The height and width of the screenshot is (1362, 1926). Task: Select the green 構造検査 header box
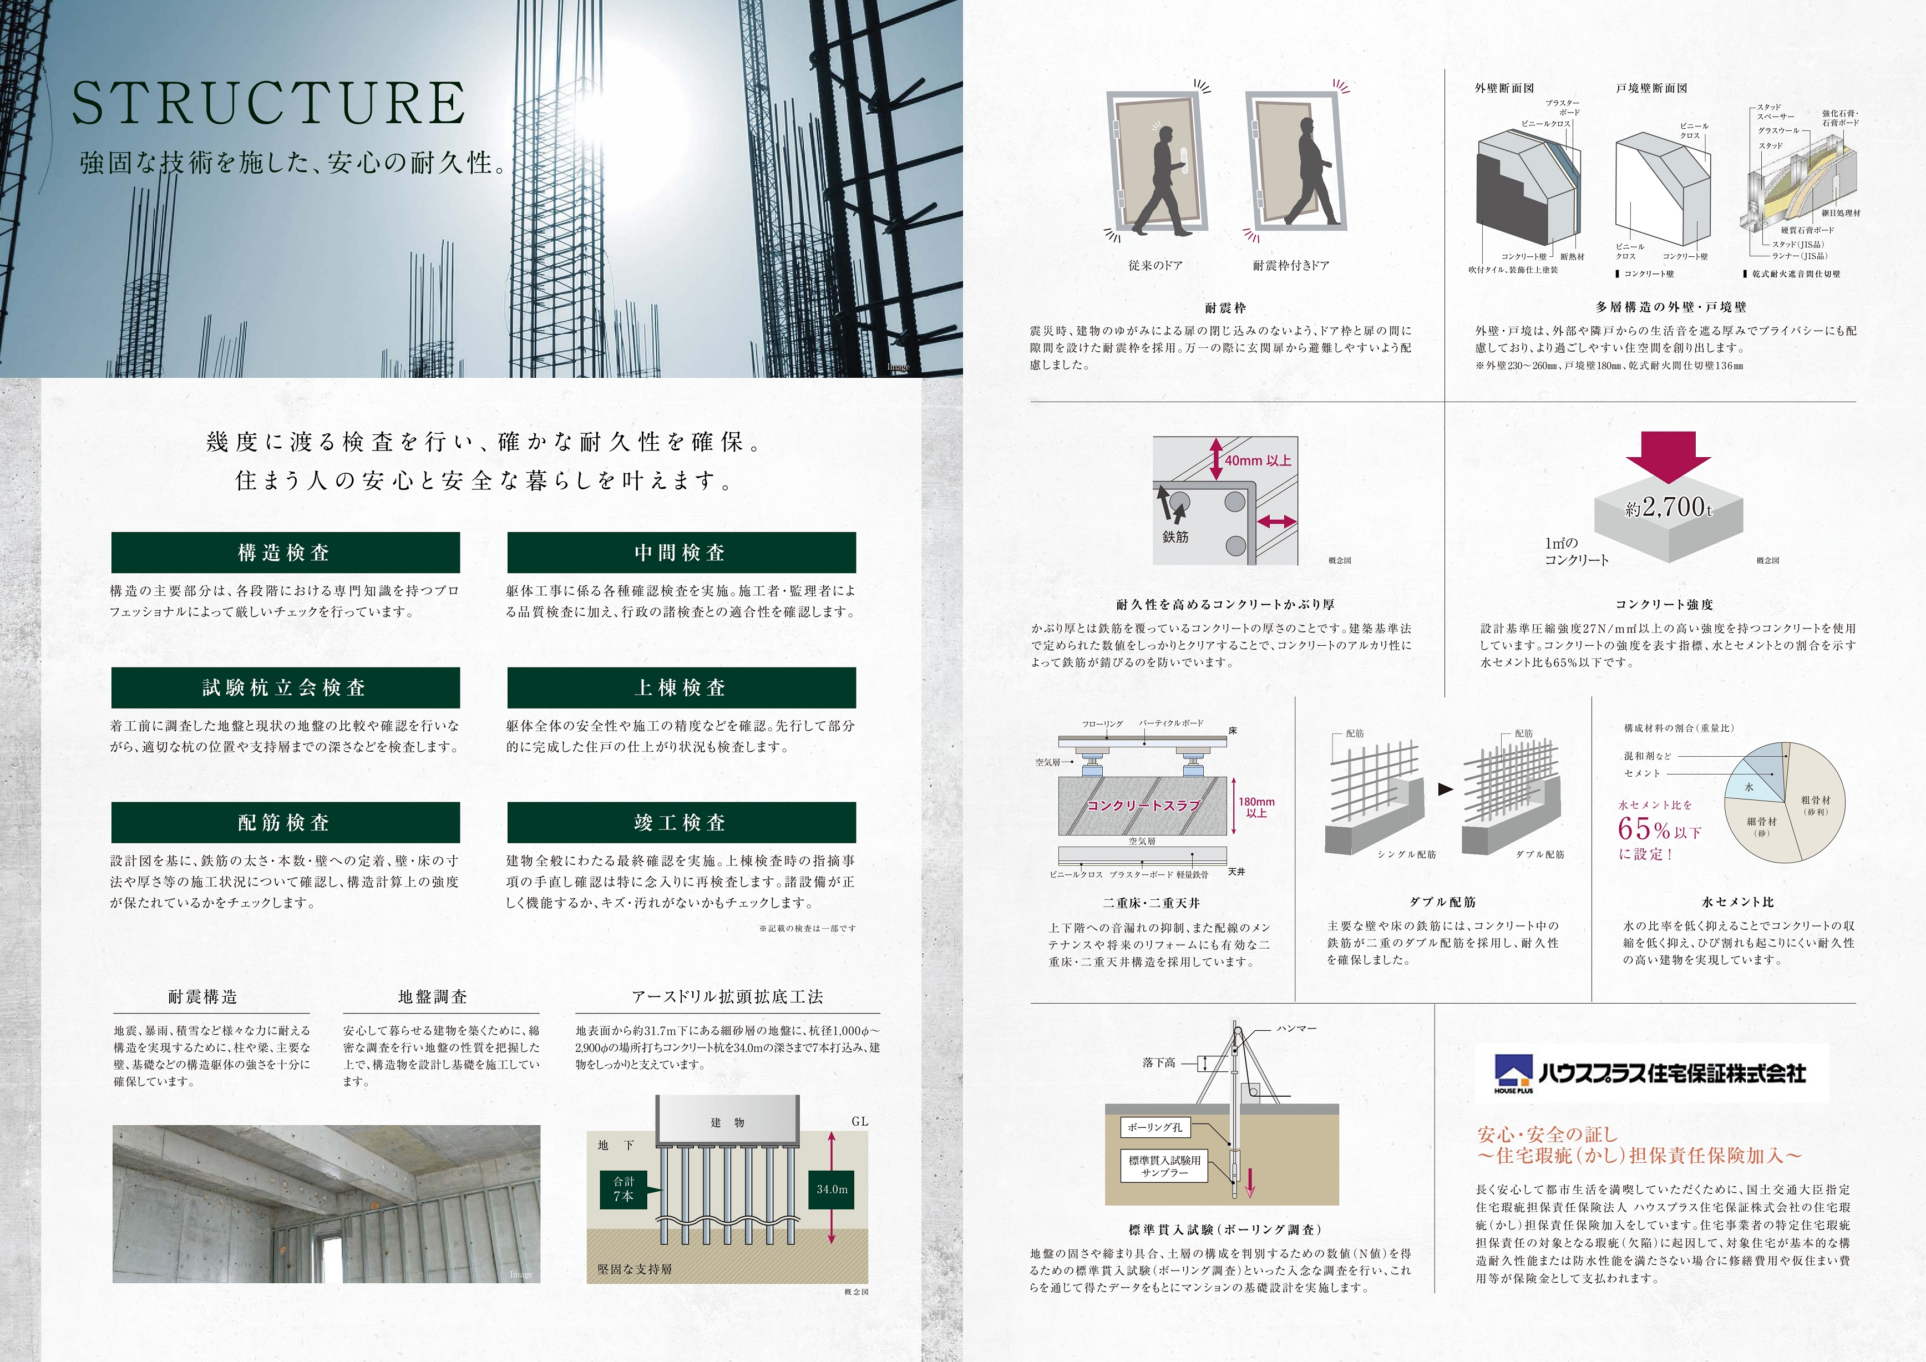pos(285,552)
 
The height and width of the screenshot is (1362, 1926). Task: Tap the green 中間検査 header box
pos(681,552)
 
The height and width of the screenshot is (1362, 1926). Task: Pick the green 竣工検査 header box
pos(681,822)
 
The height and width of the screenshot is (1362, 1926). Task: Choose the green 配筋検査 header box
pos(285,822)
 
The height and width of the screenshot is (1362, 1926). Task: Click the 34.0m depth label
pos(832,1189)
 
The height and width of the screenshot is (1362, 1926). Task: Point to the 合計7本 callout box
pos(624,1189)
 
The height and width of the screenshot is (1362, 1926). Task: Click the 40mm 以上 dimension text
pos(1258,460)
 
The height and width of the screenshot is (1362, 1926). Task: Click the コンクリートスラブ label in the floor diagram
pos(1143,806)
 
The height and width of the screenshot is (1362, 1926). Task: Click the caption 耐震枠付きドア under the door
pos(1290,265)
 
